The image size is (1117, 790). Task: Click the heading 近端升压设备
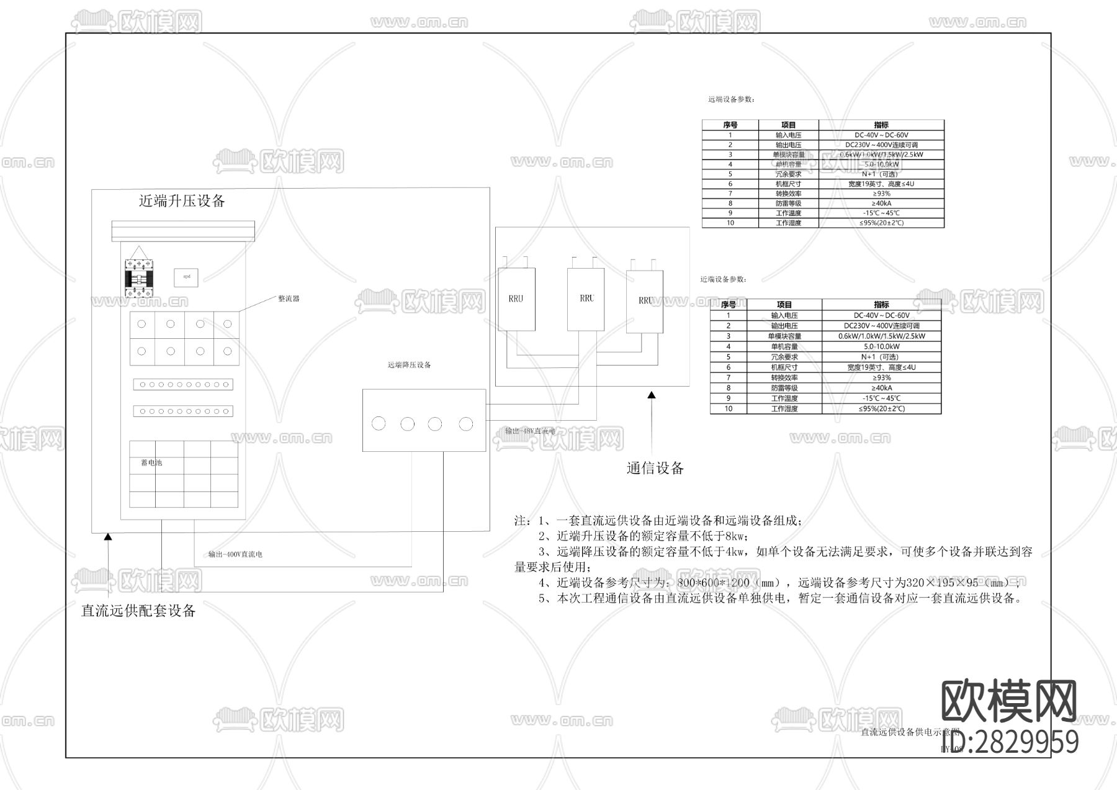tap(181, 201)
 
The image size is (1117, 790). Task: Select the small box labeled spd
tap(186, 277)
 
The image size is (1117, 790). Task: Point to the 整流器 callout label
tap(289, 298)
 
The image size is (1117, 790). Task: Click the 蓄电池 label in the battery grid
tap(151, 463)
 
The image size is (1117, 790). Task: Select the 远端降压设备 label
tap(409, 365)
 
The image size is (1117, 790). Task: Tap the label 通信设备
tap(655, 469)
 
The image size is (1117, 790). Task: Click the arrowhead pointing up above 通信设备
tap(651, 395)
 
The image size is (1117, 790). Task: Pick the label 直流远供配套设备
tap(138, 611)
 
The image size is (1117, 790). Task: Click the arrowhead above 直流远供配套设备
tap(108, 537)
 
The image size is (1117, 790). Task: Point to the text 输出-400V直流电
tap(235, 554)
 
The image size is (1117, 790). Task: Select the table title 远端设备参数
tap(730, 99)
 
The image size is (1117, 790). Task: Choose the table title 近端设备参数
tap(723, 279)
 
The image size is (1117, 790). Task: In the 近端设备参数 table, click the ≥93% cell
tap(881, 377)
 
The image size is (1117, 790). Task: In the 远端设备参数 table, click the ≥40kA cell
tap(881, 204)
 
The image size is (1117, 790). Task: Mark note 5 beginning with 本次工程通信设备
tap(779, 598)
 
